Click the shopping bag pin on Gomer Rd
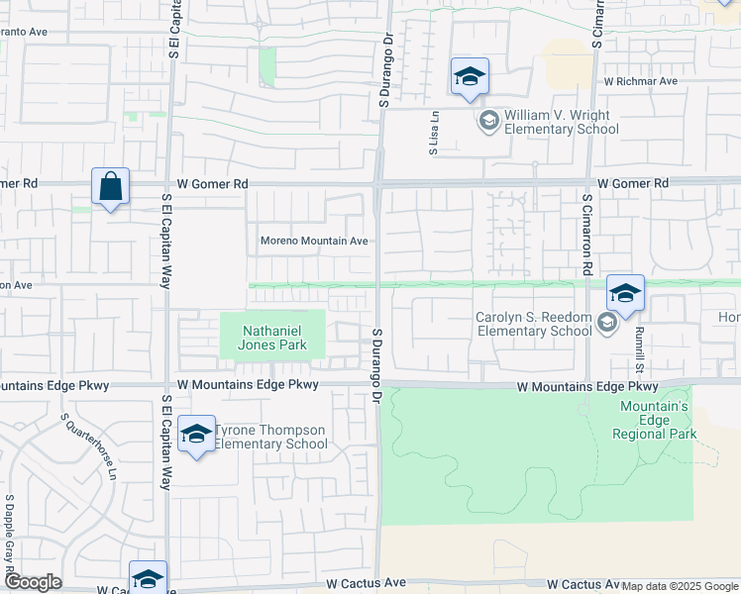(110, 186)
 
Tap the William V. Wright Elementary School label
(561, 122)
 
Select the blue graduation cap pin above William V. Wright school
(470, 77)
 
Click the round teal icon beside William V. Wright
(487, 121)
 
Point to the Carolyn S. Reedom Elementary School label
(533, 324)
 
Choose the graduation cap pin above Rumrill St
(625, 294)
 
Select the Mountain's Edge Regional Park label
(658, 420)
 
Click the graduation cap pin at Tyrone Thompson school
(197, 435)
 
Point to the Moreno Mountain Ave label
(314, 241)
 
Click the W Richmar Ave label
(640, 81)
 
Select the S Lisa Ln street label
(433, 134)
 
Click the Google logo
(33, 582)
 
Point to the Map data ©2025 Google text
(681, 586)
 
